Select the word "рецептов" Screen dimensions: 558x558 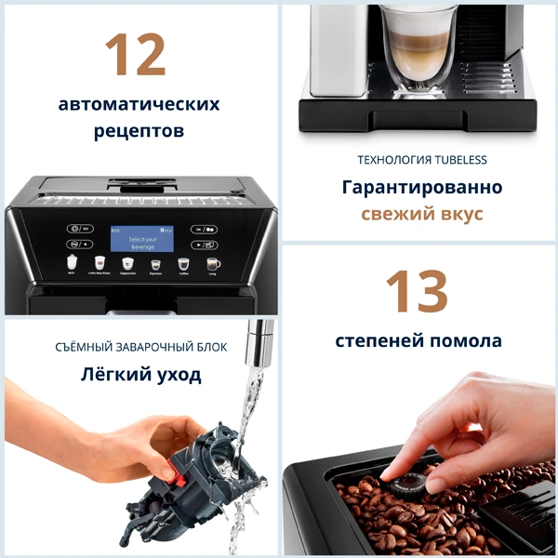(x=139, y=132)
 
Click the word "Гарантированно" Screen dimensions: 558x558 (x=421, y=187)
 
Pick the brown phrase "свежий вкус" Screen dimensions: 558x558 (x=422, y=214)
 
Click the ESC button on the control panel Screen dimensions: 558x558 (x=80, y=228)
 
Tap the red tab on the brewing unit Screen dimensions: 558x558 (x=166, y=472)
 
